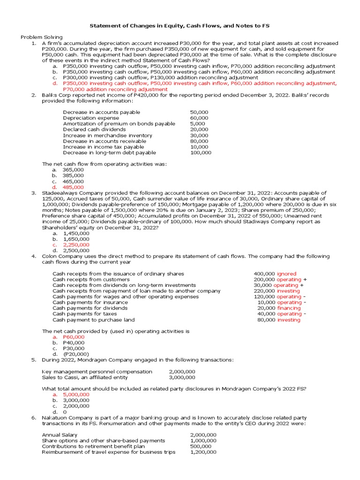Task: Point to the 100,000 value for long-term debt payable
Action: click(x=201, y=152)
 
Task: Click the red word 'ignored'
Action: click(x=286, y=274)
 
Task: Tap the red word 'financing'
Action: click(x=289, y=308)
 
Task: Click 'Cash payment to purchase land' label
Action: click(x=93, y=320)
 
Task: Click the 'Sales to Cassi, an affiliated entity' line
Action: click(x=85, y=377)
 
